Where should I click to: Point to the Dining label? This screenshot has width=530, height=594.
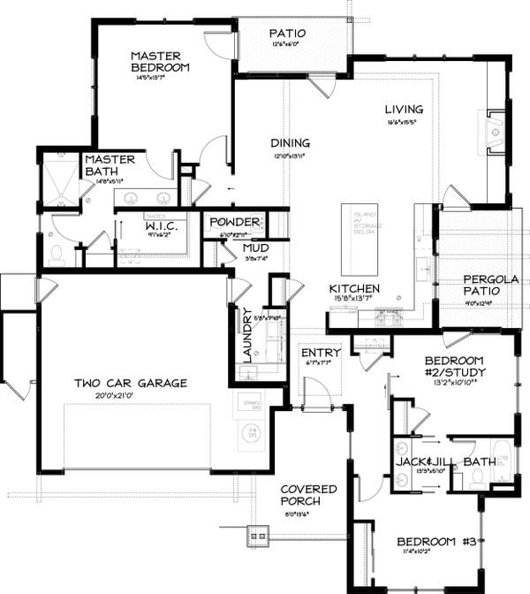click(x=290, y=142)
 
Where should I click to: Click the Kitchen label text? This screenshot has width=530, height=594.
click(x=354, y=289)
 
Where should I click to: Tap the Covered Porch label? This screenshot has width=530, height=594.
click(x=309, y=494)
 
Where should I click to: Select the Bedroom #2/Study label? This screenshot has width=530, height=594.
click(x=455, y=366)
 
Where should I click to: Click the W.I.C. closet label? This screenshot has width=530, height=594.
click(x=162, y=227)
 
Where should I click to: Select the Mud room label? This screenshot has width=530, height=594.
click(x=256, y=248)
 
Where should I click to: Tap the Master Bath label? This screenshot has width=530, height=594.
click(x=110, y=165)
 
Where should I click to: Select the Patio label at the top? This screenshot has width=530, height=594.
click(x=287, y=34)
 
